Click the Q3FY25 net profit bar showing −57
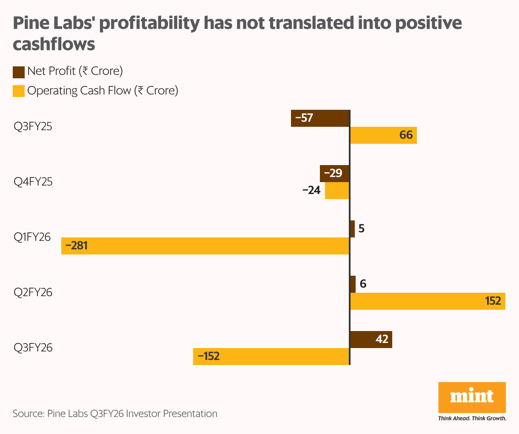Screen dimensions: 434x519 pyautogui.click(x=320, y=118)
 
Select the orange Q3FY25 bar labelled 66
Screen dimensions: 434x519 pyautogui.click(x=383, y=135)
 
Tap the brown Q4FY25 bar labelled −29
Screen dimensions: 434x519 pyautogui.click(x=334, y=173)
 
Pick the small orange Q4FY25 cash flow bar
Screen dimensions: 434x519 pyautogui.click(x=337, y=191)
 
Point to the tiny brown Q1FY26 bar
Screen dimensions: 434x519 pyautogui.click(x=352, y=229)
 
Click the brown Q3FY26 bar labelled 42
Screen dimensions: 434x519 pyautogui.click(x=371, y=340)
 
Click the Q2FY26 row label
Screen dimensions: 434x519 pyautogui.click(x=33, y=293)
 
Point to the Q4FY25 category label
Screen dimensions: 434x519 pyautogui.click(x=33, y=182)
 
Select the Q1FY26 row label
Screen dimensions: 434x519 pyautogui.click(x=32, y=237)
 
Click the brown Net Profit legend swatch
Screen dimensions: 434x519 pyautogui.click(x=19, y=72)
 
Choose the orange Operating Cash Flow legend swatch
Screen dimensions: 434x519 pyautogui.click(x=19, y=91)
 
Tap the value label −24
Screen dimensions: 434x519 pyautogui.click(x=311, y=191)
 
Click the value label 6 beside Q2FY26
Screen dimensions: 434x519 pyautogui.click(x=363, y=284)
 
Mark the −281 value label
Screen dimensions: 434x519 pyautogui.click(x=77, y=246)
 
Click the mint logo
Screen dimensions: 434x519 pyautogui.click(x=472, y=397)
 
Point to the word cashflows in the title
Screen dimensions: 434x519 pyautogui.click(x=54, y=44)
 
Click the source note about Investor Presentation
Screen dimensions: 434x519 pyautogui.click(x=115, y=414)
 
